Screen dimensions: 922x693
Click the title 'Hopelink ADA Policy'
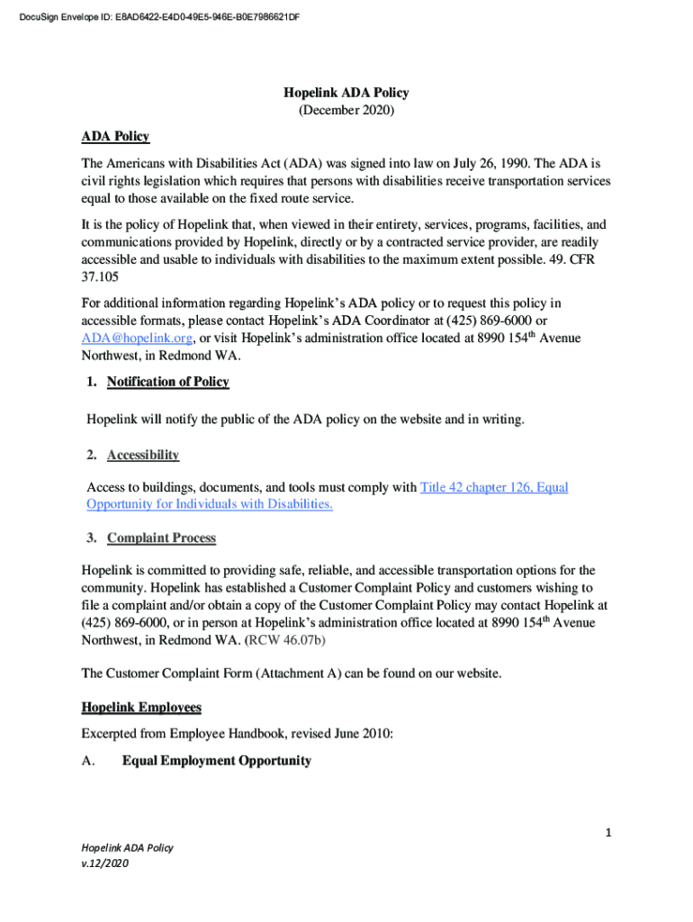[x=346, y=93]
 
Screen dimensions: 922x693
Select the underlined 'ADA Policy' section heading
[x=115, y=137]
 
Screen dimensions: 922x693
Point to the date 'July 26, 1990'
[x=489, y=164]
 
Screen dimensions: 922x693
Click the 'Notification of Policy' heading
[x=167, y=382]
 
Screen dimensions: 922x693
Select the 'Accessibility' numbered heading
[x=142, y=455]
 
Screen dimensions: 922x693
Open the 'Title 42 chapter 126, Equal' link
[x=494, y=487]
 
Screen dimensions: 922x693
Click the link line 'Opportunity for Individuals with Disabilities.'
[x=210, y=504]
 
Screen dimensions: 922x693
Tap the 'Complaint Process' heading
[x=161, y=538]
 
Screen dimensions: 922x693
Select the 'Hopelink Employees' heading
[x=141, y=707]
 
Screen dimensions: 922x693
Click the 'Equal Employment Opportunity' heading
[x=216, y=761]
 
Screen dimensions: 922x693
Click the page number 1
[x=608, y=833]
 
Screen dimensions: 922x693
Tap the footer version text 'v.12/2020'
[x=105, y=863]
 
